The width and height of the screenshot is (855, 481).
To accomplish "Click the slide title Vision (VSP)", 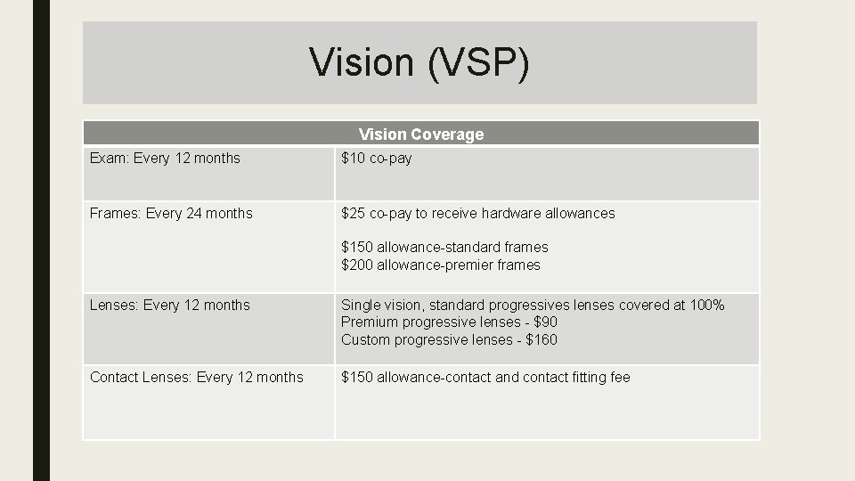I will click(419, 62).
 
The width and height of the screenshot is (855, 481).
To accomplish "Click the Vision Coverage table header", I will click(421, 135).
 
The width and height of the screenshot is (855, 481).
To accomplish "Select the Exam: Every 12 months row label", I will click(165, 159).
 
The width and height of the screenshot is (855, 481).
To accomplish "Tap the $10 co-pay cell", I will click(377, 159).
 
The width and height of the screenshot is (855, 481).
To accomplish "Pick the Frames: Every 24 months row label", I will click(171, 214).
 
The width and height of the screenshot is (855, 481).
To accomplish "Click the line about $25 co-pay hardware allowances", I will click(478, 214).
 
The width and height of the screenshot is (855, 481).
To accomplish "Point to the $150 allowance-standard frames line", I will click(444, 247).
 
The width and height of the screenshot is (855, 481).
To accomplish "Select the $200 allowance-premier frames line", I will click(441, 265).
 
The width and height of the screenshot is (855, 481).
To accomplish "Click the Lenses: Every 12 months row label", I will click(170, 306).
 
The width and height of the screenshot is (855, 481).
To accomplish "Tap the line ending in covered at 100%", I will click(533, 306).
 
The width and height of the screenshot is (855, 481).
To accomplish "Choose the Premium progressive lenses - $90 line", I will click(449, 322).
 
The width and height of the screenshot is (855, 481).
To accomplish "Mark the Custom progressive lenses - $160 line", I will click(449, 339).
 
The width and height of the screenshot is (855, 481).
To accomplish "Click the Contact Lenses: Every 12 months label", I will click(197, 378).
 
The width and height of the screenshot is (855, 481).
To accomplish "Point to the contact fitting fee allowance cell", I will click(485, 378).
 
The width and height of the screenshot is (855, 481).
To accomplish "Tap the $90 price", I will click(545, 322).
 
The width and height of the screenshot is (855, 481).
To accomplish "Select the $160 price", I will click(541, 339).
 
